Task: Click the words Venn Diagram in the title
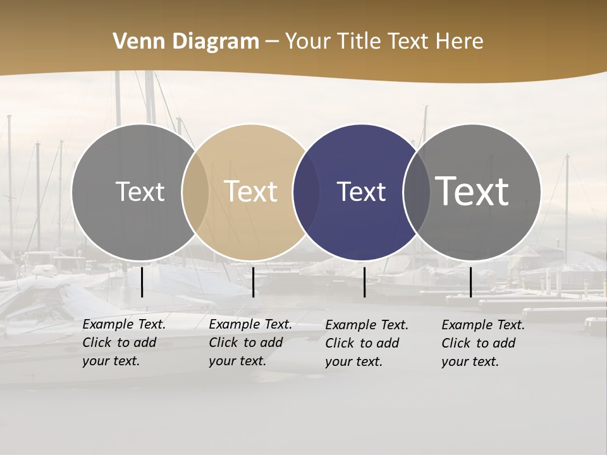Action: point(186,42)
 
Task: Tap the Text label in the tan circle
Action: point(251,191)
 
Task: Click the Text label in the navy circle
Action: point(361,191)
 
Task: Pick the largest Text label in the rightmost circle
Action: point(472,191)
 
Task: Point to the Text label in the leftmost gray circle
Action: point(140,191)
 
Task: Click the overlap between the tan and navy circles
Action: point(306,192)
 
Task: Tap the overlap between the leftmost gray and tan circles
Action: point(195,192)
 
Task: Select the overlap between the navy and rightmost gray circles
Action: point(416,192)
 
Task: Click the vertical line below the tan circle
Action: point(253,282)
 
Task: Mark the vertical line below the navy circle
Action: point(364,282)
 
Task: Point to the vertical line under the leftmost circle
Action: point(142,282)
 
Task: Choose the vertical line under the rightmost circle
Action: point(470,282)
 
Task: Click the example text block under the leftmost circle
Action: point(124,343)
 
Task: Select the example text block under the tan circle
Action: point(250,343)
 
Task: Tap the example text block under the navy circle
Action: point(367,343)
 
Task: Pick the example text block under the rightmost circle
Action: point(483,343)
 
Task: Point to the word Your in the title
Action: point(309,42)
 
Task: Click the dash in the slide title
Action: point(272,42)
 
